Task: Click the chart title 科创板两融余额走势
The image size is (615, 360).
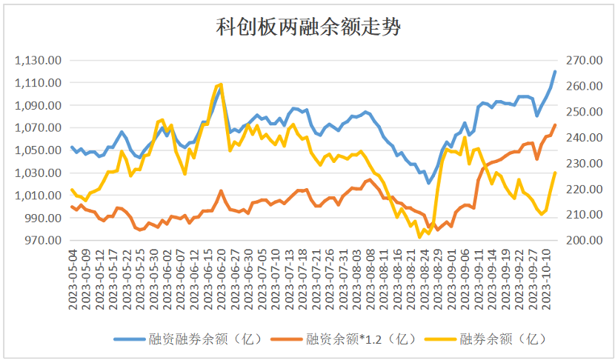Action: click(x=307, y=28)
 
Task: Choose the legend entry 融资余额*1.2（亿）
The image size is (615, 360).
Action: click(x=356, y=339)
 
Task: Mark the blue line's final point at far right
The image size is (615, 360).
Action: click(x=555, y=71)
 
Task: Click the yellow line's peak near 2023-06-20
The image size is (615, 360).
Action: click(x=221, y=84)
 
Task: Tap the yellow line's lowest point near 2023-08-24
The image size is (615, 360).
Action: click(x=420, y=237)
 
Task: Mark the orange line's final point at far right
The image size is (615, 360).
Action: click(x=555, y=125)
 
